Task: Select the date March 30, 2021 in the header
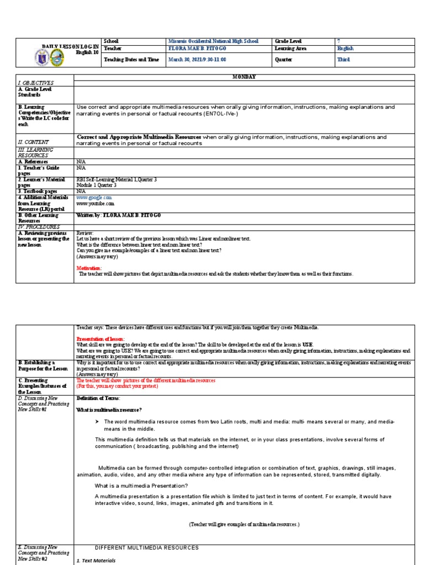click(x=197, y=60)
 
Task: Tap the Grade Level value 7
click(x=338, y=41)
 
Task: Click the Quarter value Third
click(x=343, y=60)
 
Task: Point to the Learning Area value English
click(x=346, y=49)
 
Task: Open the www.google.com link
click(x=94, y=197)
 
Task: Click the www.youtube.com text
click(x=95, y=203)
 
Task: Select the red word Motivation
click(x=89, y=268)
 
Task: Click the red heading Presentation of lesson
click(x=100, y=338)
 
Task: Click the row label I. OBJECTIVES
click(x=36, y=82)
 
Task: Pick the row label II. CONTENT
click(x=34, y=141)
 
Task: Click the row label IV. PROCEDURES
click(x=38, y=226)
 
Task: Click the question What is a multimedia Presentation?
click(x=141, y=486)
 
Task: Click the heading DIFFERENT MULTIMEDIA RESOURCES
click(x=147, y=548)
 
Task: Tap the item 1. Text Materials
click(x=96, y=561)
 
